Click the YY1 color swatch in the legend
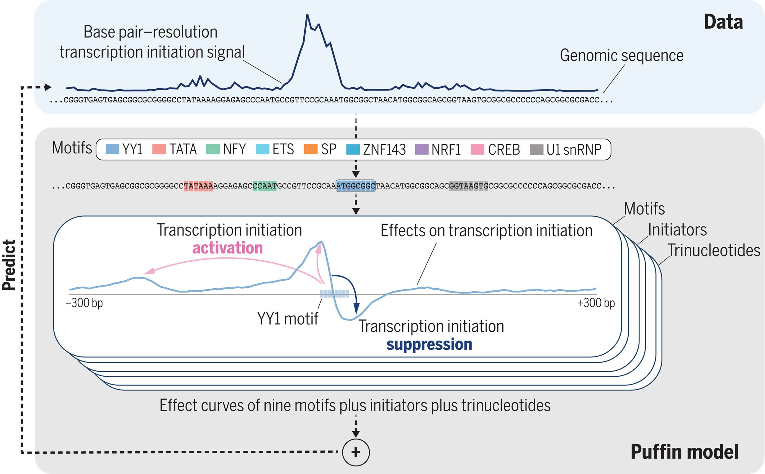tap(112, 149)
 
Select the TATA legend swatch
tap(159, 149)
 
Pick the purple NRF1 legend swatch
tap(421, 149)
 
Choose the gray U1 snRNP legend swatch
tap(536, 149)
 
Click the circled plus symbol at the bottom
tap(356, 452)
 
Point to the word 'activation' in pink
tap(227, 248)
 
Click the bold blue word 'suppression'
tap(429, 344)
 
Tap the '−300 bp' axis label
tap(84, 303)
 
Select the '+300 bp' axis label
tap(596, 303)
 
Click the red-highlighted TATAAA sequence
tap(198, 186)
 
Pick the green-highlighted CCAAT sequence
tap(264, 186)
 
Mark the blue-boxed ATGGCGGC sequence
tap(356, 186)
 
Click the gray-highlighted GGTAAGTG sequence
tap(469, 186)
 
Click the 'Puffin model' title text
tap(684, 452)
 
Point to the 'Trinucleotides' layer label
tap(714, 250)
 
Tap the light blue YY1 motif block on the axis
tap(334, 294)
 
